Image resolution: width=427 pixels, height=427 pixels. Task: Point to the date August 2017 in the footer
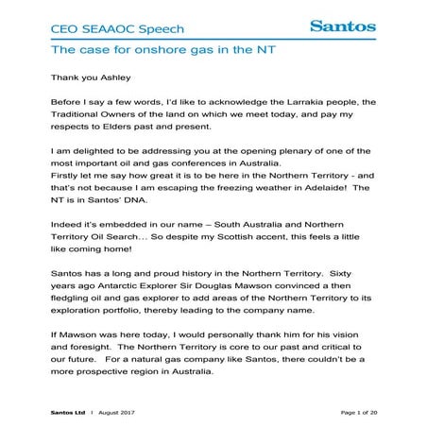point(118,412)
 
